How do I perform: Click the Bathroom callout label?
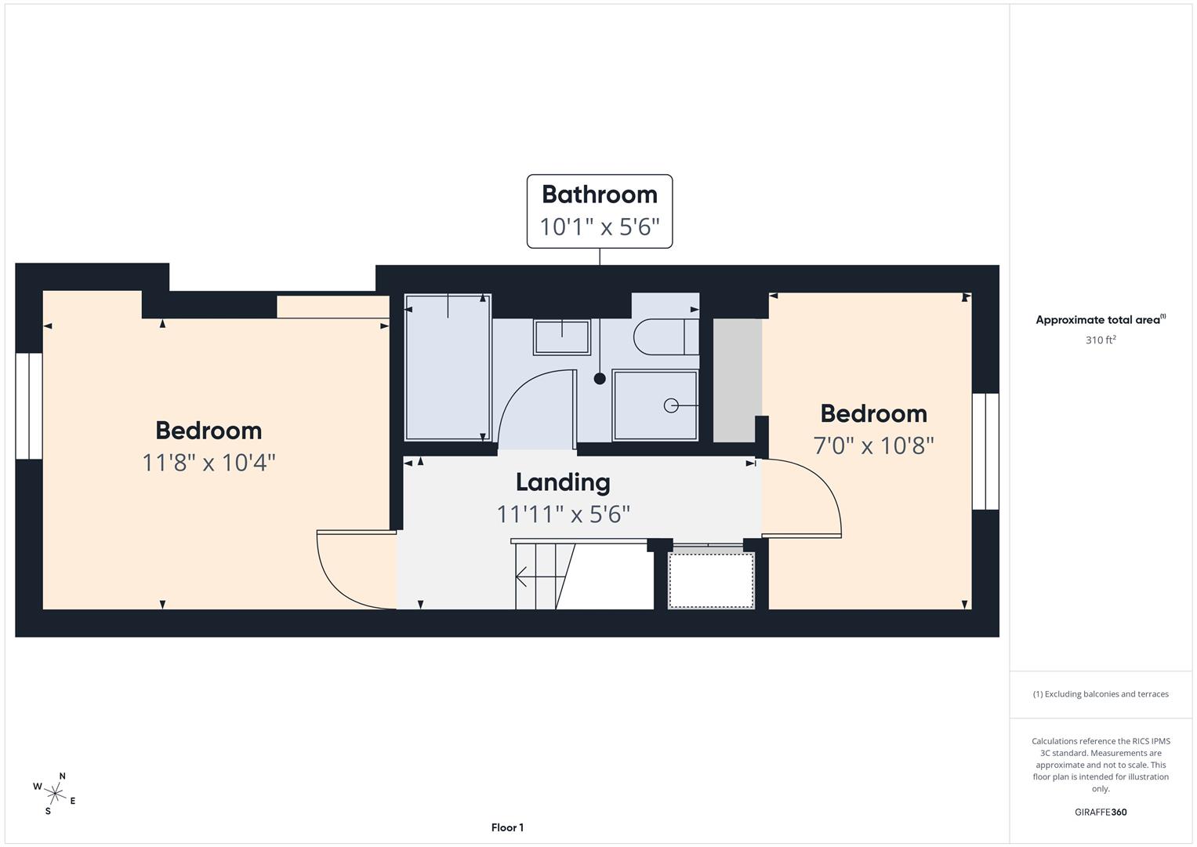tap(600, 211)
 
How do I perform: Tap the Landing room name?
tap(563, 482)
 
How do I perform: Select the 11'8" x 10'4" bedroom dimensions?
tap(209, 463)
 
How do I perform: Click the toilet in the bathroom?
tap(666, 337)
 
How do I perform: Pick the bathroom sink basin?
tap(561, 337)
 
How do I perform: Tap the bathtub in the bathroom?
tap(448, 367)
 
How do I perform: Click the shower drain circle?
tap(671, 406)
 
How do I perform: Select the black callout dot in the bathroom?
tap(600, 379)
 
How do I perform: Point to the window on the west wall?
tap(29, 406)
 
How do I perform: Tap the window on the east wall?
tap(985, 451)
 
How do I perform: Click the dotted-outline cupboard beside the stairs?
tap(711, 580)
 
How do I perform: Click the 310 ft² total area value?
tap(1101, 340)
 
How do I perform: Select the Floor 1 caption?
tap(507, 827)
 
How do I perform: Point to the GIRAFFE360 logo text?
tap(1101, 812)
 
